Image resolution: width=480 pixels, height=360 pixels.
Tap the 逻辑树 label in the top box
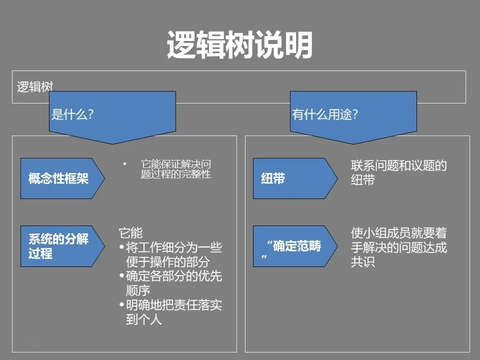[x=35, y=86]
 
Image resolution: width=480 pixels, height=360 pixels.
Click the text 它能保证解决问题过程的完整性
[x=175, y=169]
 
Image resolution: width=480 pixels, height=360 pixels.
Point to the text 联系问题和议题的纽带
[x=398, y=172]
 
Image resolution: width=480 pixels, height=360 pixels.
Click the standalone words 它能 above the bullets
[x=130, y=232]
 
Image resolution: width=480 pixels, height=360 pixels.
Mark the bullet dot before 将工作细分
[x=122, y=247]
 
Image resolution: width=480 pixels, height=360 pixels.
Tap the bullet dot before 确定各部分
[x=122, y=276]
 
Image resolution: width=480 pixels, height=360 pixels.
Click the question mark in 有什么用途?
[x=355, y=114]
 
